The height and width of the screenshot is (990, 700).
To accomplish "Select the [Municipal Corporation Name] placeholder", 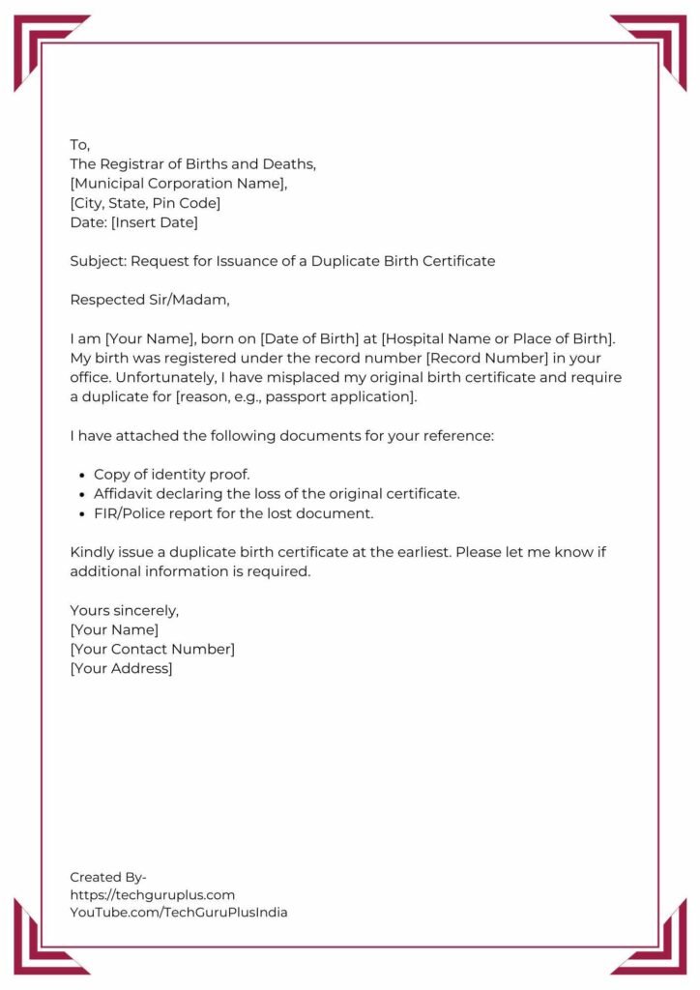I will [x=179, y=184].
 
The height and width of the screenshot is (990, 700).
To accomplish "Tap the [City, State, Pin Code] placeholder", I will [x=145, y=203].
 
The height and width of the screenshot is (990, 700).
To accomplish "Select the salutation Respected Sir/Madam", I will [x=150, y=300].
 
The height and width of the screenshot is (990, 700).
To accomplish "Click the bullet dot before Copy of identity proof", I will [x=79, y=475].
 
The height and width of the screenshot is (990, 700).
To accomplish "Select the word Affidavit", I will [x=126, y=494].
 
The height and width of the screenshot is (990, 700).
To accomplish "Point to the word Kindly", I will [x=92, y=552].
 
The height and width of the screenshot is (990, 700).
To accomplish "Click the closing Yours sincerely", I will [x=125, y=610].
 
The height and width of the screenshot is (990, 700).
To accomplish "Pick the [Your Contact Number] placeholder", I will [x=152, y=649].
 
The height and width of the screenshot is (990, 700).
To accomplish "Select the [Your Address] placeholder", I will [x=121, y=668].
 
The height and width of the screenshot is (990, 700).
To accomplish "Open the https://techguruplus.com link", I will [x=152, y=894].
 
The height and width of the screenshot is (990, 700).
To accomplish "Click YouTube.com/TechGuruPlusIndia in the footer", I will [x=179, y=912].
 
